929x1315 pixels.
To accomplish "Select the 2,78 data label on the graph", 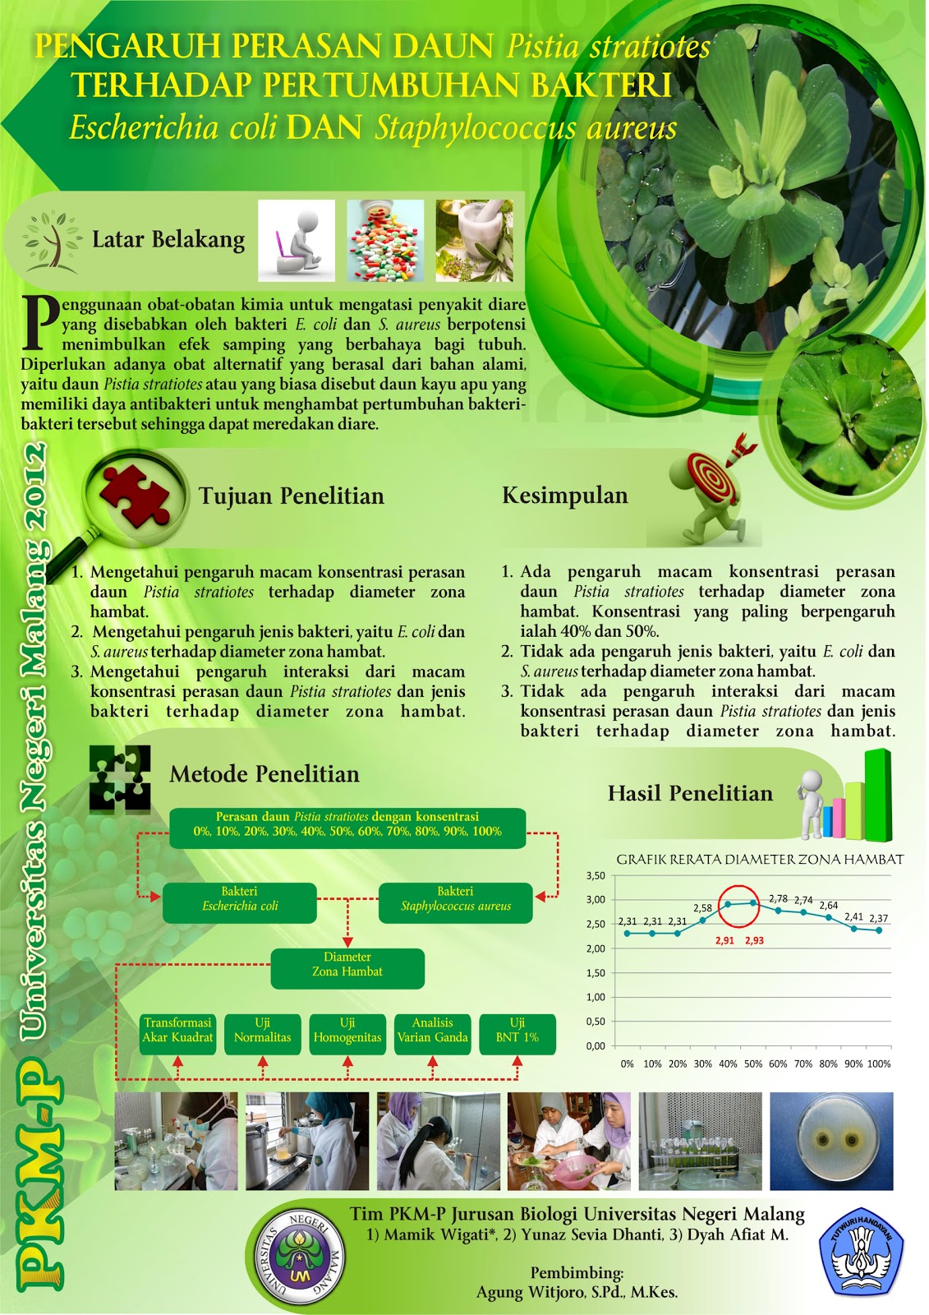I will tap(778, 898).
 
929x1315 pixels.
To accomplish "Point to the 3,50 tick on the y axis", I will tap(596, 875).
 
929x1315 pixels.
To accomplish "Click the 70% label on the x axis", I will tap(803, 1064).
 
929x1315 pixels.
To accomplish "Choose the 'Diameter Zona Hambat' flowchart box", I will tap(347, 968).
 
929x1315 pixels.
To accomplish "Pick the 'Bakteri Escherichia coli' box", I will tap(239, 902).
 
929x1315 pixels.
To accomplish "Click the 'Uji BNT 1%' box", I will tap(517, 1033).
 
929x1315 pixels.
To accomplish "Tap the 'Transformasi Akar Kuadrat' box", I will tap(177, 1033).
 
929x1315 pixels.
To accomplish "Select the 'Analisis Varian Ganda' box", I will tap(432, 1033).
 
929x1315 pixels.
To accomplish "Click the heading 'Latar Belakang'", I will tap(168, 239).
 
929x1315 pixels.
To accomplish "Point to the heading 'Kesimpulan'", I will tap(564, 496).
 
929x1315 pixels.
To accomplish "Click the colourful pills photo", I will tap(385, 241).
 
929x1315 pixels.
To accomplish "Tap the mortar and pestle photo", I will tap(474, 241).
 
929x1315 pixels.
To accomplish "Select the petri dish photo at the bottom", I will tap(830, 1141).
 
